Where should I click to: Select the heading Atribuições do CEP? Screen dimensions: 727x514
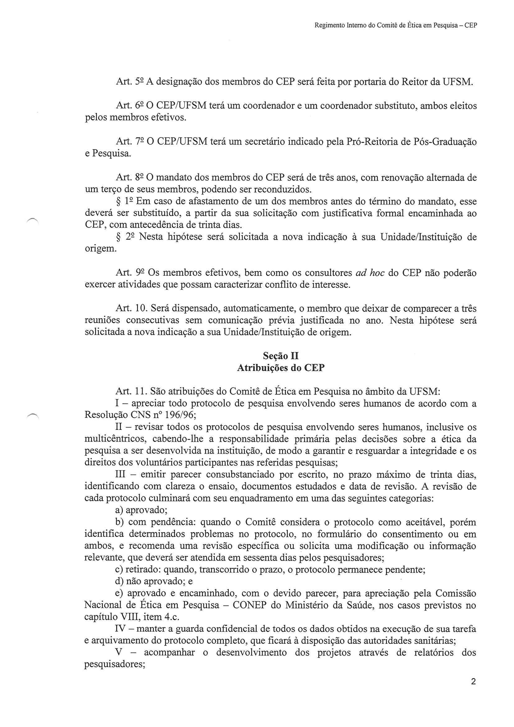pyautogui.click(x=281, y=368)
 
